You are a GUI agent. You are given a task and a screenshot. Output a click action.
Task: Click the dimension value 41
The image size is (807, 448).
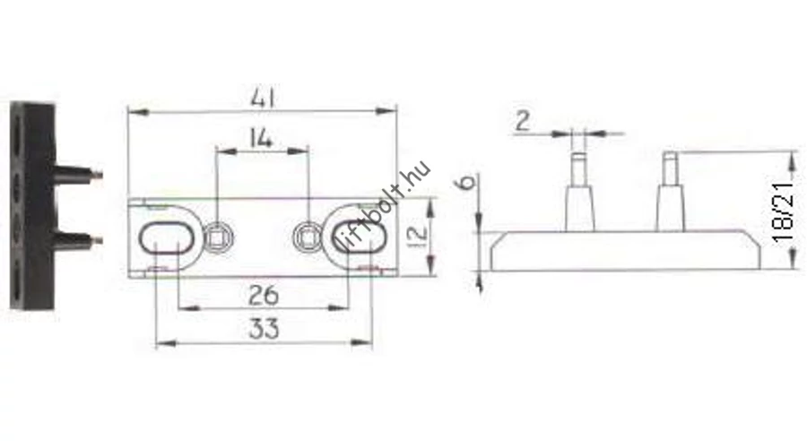(x=263, y=98)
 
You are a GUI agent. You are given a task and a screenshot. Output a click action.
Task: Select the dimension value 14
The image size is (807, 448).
(x=260, y=138)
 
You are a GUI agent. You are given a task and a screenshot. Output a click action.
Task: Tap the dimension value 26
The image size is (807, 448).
(x=263, y=296)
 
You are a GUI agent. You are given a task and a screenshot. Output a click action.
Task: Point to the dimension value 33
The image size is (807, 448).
(x=264, y=328)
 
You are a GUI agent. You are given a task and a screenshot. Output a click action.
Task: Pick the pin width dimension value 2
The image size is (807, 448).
(x=522, y=121)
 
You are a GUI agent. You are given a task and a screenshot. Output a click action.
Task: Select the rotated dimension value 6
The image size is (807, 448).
(x=466, y=182)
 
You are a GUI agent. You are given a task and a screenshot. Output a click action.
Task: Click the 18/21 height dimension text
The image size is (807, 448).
(x=784, y=211)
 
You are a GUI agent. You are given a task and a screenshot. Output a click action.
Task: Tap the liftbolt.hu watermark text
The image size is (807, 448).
(x=384, y=211)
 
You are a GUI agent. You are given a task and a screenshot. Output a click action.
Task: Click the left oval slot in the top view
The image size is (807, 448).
(x=166, y=238)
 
